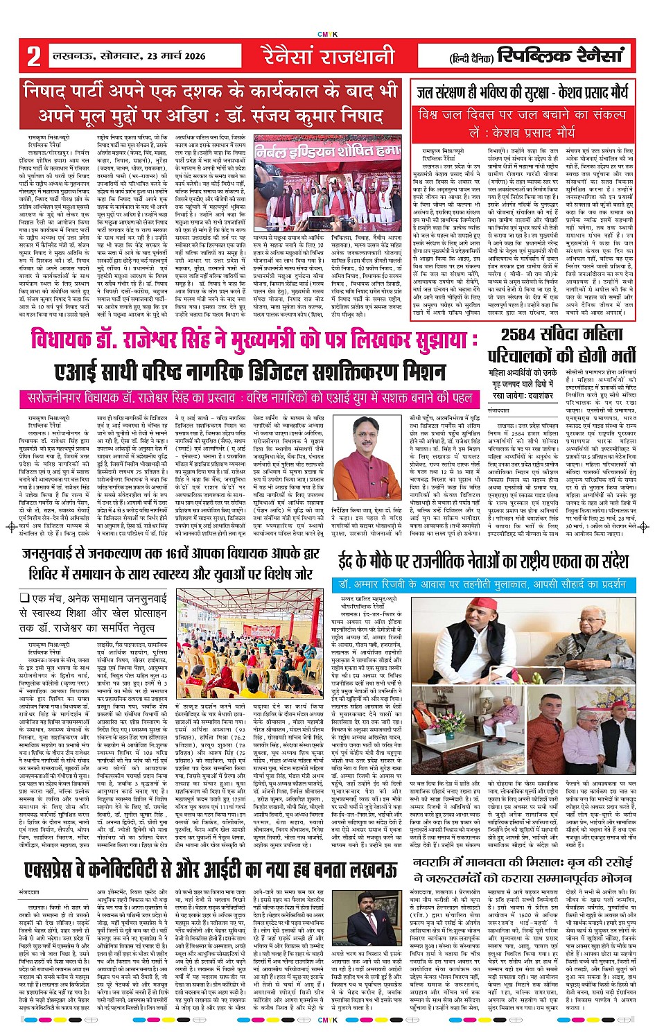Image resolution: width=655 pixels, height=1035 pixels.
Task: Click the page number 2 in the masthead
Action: click(x=33, y=56)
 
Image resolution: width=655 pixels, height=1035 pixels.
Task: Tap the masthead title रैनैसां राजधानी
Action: click(x=328, y=55)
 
